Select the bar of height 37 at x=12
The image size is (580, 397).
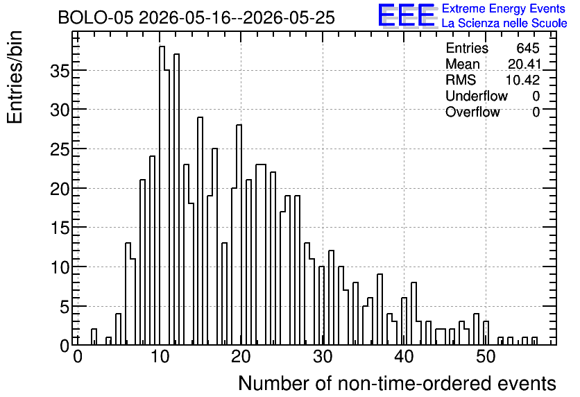point(176,199)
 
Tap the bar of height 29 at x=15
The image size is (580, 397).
point(200,231)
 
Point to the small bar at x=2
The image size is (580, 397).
point(94,337)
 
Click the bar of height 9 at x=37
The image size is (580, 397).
point(380,310)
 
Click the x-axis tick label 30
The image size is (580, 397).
point(323,357)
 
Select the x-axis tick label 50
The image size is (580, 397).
point(486,357)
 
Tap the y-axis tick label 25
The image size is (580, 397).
point(60,149)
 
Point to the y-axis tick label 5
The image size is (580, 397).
point(65,307)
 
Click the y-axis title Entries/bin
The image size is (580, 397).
point(15,77)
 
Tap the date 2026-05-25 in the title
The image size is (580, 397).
point(289,18)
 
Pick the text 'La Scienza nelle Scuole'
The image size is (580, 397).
point(504,24)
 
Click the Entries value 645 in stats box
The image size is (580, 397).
point(528,48)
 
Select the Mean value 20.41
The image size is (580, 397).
point(524,64)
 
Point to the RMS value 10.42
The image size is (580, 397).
point(522,80)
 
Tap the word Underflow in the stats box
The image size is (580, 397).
point(477,96)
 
